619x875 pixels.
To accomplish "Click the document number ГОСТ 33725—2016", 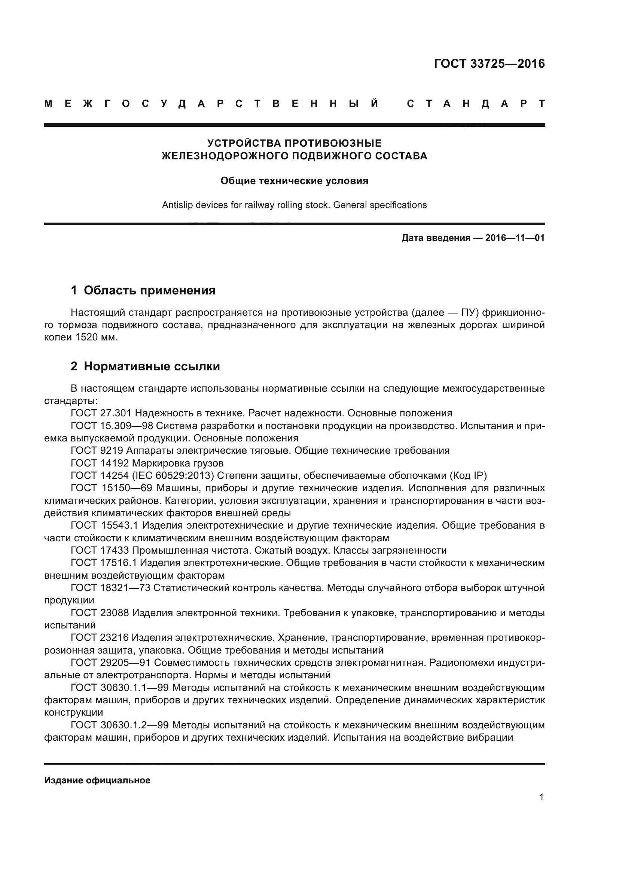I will pos(489,64).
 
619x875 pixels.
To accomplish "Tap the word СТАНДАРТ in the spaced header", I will pos(476,104).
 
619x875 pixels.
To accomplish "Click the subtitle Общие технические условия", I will pos(294,181).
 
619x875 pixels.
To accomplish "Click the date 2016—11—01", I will pos(515,238).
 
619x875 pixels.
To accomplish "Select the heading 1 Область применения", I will pos(143,290).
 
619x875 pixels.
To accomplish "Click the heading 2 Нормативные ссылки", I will pos(145,366).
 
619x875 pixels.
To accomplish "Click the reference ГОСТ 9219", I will pos(97,450).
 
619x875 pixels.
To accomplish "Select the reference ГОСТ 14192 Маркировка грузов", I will pos(147,463).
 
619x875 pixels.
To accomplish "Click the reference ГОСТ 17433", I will pos(100,550).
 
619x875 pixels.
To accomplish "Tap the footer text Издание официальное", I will pos(97,780).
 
